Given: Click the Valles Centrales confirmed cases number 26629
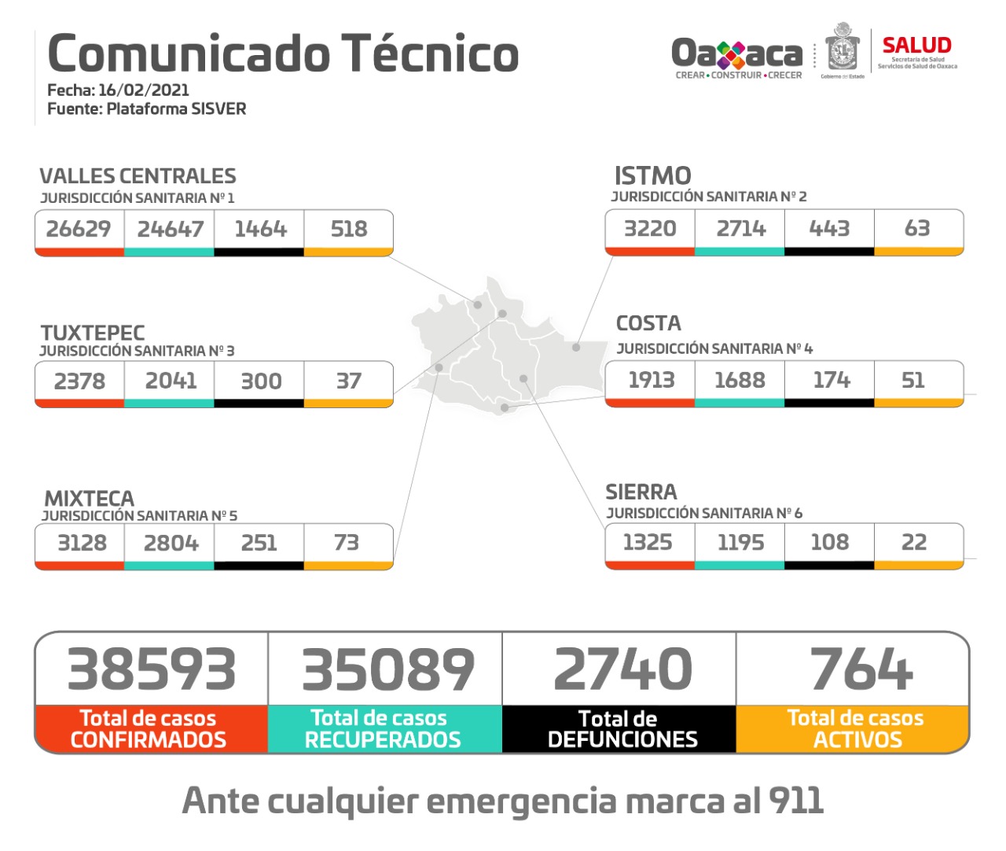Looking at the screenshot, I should tap(79, 229).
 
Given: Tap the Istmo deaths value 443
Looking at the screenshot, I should tap(829, 228).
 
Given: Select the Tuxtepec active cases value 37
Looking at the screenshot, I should tap(348, 381).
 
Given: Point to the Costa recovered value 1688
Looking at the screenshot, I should tap(740, 380).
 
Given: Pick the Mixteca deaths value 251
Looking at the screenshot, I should tap(259, 543).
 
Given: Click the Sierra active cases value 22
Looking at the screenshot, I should tap(913, 542).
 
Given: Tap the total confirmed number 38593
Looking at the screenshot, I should tap(152, 669).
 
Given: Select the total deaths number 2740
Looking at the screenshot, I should tap(622, 669).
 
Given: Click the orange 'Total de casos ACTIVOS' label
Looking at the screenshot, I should tap(856, 729).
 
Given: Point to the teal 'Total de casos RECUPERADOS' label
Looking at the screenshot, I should tap(382, 729).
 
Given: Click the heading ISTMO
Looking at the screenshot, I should tap(652, 175).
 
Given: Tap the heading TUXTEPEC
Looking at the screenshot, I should tap(93, 333).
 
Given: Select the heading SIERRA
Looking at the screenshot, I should tap(641, 492).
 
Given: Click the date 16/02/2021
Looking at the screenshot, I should tap(144, 90).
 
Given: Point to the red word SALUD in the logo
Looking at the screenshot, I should tap(916, 46).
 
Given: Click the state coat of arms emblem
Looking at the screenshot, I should tap(843, 50).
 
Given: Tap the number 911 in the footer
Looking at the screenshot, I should tap(796, 801).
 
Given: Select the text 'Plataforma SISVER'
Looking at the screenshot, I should tap(176, 109).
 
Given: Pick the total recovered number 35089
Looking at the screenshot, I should tap(388, 669).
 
